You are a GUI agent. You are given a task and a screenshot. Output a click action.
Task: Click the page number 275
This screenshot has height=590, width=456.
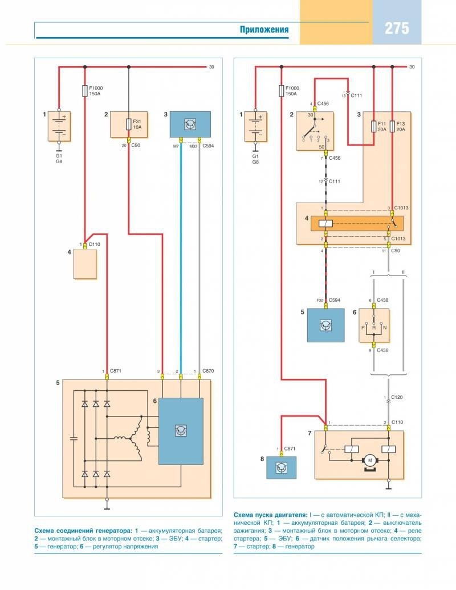point(397,29)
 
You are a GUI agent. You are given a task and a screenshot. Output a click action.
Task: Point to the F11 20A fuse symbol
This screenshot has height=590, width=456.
point(373,125)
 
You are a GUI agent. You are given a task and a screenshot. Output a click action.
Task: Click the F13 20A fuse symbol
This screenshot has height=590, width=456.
point(392,125)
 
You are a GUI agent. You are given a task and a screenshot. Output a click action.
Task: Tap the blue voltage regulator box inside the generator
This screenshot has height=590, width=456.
point(181,431)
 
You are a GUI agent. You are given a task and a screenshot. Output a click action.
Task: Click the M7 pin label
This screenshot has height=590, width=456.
point(176,146)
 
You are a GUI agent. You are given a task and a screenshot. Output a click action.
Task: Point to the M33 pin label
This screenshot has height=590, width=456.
point(193,146)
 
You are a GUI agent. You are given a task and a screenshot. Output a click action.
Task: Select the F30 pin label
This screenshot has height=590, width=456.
point(319,300)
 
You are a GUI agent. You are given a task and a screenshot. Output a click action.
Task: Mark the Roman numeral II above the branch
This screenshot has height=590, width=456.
point(404,272)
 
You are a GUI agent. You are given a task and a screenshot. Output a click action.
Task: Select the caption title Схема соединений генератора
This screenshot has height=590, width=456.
point(83,530)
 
